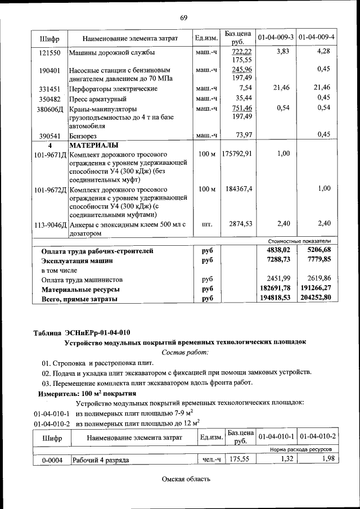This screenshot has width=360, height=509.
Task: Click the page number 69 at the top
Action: (183, 17)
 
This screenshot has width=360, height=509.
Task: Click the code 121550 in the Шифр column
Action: (49, 52)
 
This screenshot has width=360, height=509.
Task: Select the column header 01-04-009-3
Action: (276, 38)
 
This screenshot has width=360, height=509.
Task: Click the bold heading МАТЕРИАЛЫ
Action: (93, 145)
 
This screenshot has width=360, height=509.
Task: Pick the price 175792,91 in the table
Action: (237, 153)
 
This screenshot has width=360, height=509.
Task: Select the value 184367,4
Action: (238, 188)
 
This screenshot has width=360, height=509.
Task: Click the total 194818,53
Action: (274, 298)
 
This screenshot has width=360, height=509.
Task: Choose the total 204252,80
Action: (319, 298)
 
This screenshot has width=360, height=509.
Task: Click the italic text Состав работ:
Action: (184, 352)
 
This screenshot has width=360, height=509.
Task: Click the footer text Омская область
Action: (186, 479)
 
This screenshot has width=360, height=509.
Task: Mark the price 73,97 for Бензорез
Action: (244, 134)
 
